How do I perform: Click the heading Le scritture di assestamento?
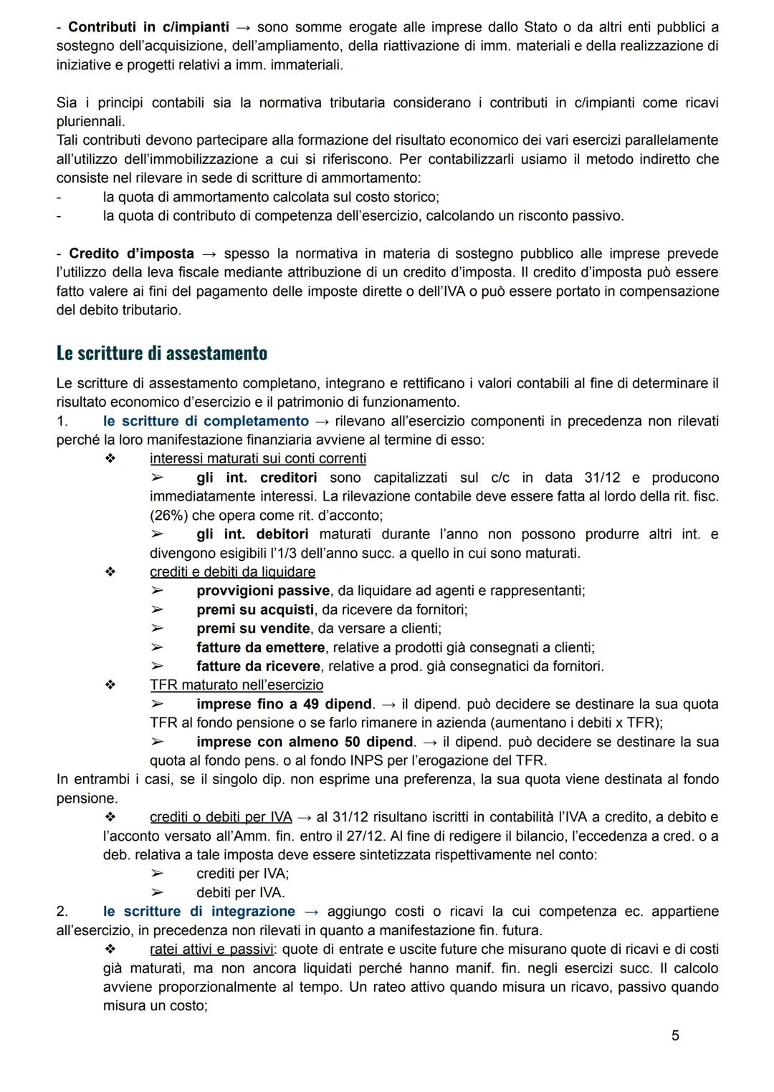coord(161,354)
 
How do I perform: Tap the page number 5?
coord(675,1035)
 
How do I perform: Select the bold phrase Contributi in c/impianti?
coord(148,27)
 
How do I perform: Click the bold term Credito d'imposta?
coord(131,253)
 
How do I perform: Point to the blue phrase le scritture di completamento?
coord(206,421)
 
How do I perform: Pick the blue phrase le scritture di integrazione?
coord(199,911)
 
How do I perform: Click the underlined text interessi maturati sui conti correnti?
coord(257,458)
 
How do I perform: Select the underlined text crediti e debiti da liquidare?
coord(232,571)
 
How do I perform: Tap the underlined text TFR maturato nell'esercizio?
coord(236,685)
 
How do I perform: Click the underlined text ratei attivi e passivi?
coord(211,949)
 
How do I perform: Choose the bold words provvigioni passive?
coord(263,591)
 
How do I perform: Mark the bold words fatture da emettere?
coord(260,647)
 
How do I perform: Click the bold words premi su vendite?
coord(253,628)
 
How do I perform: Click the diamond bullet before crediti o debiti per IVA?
coord(110,817)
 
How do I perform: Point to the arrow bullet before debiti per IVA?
coord(156,892)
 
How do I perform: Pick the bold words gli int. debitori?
coord(252,534)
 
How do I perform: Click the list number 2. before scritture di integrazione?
coord(62,911)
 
